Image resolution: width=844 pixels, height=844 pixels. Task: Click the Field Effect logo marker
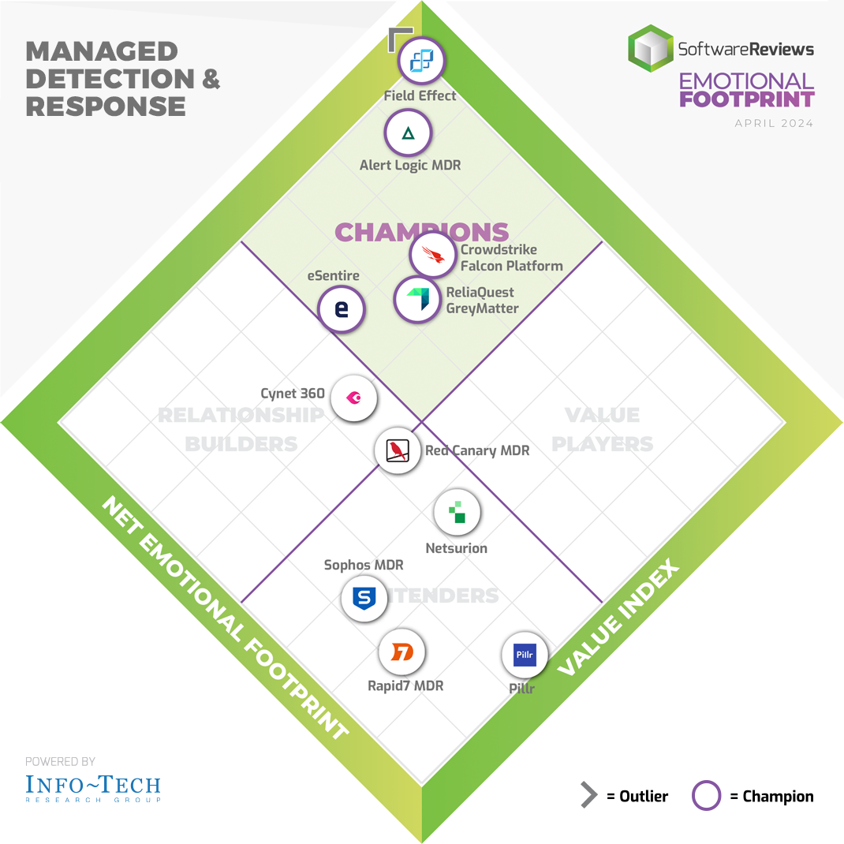422,60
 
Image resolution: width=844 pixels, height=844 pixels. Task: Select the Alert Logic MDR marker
408,133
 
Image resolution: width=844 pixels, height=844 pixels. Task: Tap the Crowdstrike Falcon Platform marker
433,254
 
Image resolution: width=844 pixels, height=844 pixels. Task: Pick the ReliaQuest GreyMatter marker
416,300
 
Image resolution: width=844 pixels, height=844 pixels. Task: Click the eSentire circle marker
342,308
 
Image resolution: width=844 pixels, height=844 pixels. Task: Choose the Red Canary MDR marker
398,451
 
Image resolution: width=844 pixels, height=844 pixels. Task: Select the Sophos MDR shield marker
364,599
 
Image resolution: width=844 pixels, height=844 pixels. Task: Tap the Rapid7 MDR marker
401,652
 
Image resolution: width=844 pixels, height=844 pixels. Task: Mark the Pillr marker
525,655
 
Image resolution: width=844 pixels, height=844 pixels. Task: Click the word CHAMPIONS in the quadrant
421,232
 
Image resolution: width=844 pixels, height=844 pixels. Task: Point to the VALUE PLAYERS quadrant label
602,429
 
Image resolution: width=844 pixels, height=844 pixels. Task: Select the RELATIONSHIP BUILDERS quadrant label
241,429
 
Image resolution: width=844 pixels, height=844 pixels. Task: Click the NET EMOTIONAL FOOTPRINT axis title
225,619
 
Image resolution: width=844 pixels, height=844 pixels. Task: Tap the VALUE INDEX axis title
618,618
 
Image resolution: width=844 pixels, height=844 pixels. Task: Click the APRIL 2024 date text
774,124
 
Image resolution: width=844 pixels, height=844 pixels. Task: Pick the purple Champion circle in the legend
706,796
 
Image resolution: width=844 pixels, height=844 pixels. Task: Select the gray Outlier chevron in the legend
588,796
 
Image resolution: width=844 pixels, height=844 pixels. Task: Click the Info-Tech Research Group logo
93,787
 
